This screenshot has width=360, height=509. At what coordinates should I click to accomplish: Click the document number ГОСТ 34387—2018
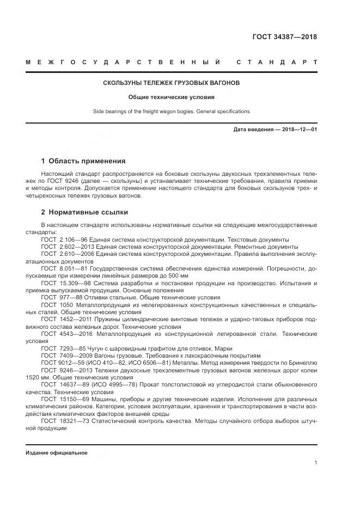pos(284,38)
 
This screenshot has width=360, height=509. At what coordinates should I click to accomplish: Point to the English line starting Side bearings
pos(171,112)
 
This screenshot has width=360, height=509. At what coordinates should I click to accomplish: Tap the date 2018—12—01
pos(300,130)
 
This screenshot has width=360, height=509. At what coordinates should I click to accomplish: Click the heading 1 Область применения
pos(83,161)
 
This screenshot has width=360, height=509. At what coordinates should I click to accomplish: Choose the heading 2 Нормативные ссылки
pos(84,212)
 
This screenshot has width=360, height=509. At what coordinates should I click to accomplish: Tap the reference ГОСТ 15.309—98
pos(66,284)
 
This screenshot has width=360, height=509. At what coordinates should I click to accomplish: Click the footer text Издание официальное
pos(56,453)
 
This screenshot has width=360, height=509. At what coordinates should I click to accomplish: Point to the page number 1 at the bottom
pos(315,463)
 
